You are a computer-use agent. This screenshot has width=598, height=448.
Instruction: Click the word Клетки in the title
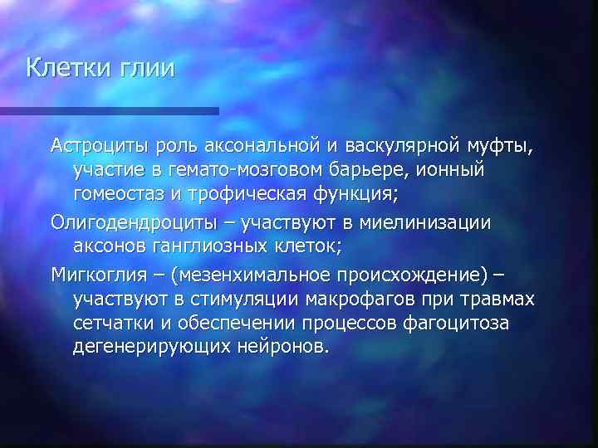tap(69, 67)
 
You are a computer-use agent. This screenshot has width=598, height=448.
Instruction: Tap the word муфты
tap(501, 147)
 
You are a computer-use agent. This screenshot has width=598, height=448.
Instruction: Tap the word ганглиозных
tap(222, 246)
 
